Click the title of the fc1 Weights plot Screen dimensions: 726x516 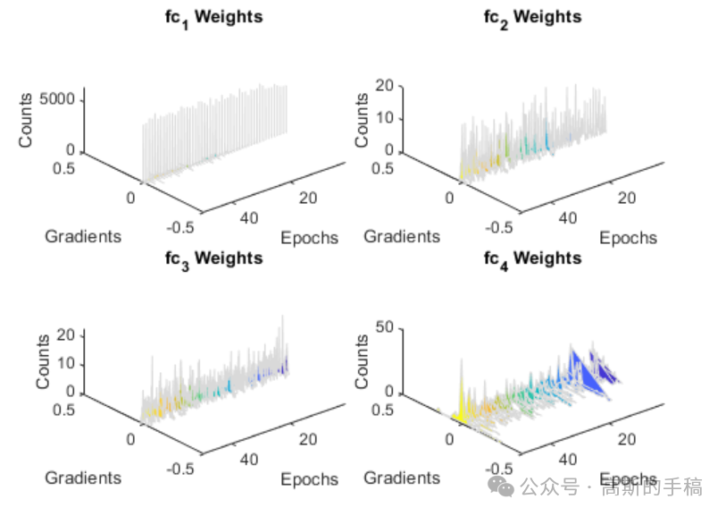point(214,19)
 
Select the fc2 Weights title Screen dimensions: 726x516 point(532,19)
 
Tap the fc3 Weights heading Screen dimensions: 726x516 point(214,260)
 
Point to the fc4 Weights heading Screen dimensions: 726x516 point(532,260)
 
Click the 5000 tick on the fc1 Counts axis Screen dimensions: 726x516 point(57,98)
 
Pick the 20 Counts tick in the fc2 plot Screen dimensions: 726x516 point(384,85)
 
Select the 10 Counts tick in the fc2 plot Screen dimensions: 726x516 point(384,118)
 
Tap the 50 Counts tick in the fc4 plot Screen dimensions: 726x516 point(384,326)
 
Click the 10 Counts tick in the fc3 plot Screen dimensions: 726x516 point(66,363)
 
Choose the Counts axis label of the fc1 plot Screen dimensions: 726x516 point(26,120)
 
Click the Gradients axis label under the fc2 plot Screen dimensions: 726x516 point(402,236)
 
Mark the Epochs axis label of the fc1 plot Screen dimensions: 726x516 point(309,238)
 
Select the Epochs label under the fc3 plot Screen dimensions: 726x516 point(309,479)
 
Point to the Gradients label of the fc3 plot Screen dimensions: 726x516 point(83,478)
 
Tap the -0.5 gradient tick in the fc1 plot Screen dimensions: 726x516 point(180,228)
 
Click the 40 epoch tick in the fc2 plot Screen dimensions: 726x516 point(568,218)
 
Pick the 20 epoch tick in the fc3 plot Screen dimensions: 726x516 point(308,439)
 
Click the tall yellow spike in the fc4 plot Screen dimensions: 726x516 point(462,399)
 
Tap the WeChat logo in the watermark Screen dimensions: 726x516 point(501,486)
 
